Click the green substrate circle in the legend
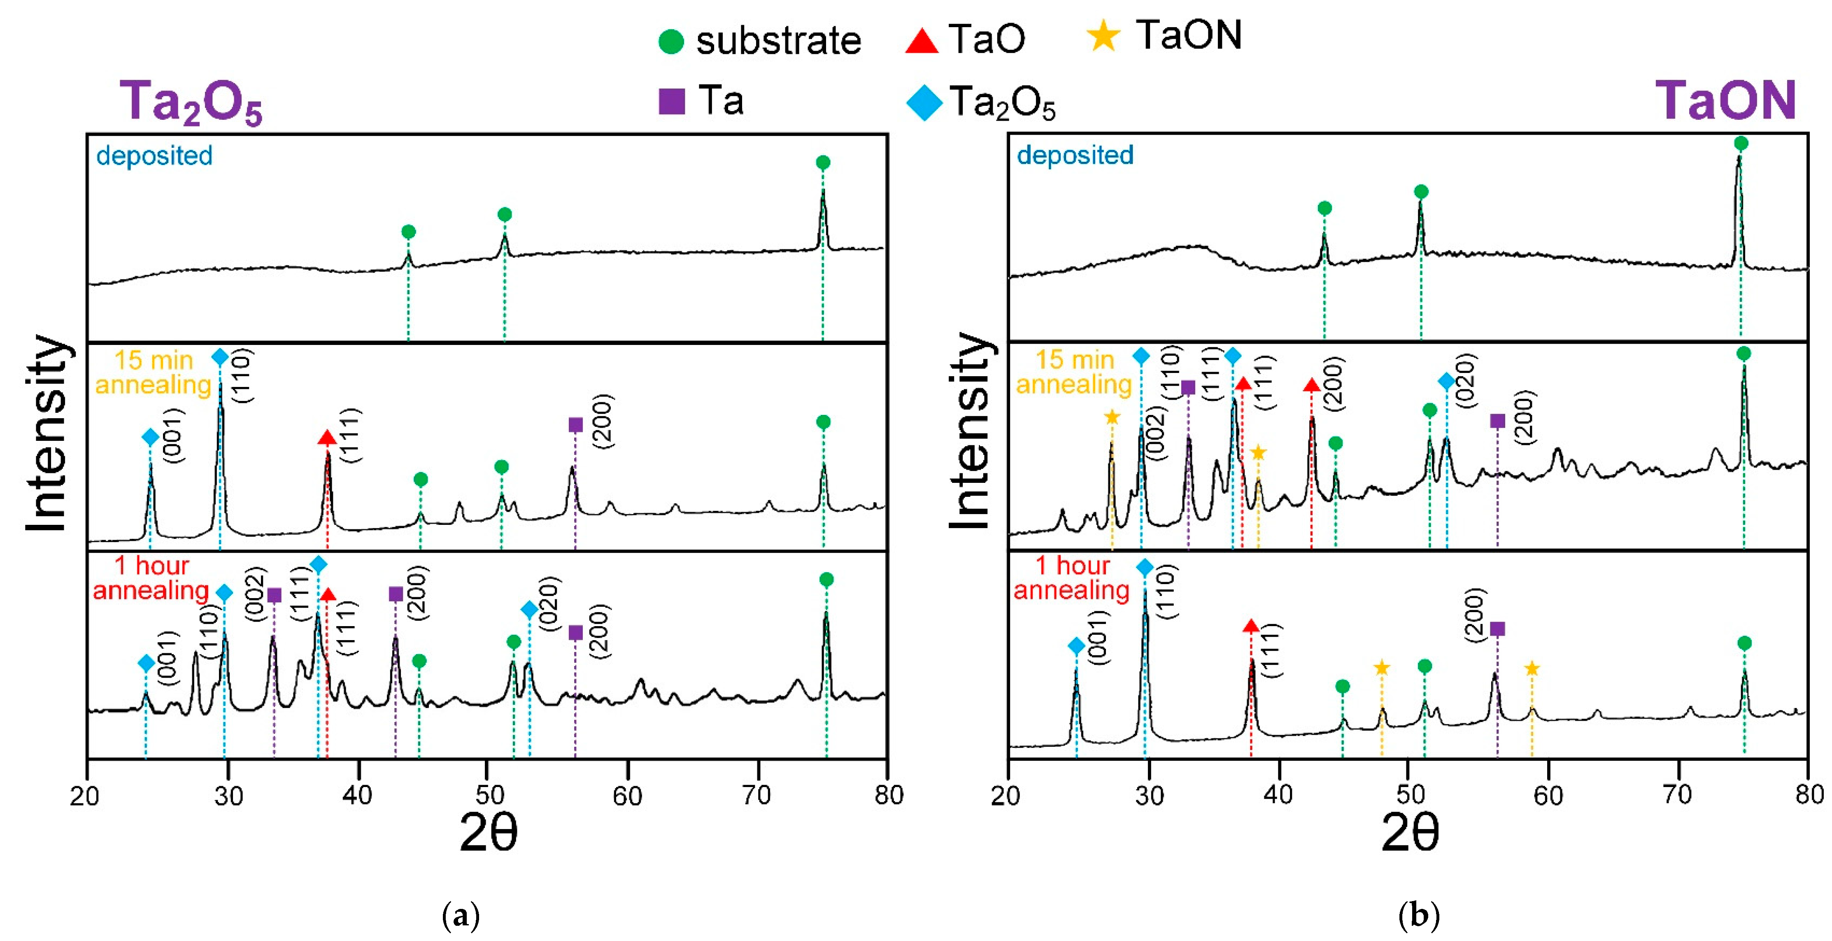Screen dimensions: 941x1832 click(x=670, y=41)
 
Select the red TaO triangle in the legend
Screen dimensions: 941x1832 click(x=922, y=40)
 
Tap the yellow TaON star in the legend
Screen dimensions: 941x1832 click(x=1103, y=35)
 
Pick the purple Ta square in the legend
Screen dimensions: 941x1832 click(x=671, y=101)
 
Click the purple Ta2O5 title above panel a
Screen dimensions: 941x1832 click(x=191, y=102)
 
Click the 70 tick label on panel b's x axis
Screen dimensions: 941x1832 click(x=1677, y=794)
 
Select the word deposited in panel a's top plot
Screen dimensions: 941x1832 click(x=154, y=156)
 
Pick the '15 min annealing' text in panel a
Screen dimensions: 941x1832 click(x=154, y=372)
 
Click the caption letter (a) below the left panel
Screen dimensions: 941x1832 click(x=461, y=915)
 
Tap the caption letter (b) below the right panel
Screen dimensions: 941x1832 click(x=1419, y=915)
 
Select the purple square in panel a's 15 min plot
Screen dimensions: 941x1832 click(x=575, y=425)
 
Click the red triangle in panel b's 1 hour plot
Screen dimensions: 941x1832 click(x=1251, y=626)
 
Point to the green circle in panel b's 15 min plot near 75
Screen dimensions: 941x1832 click(x=1743, y=354)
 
